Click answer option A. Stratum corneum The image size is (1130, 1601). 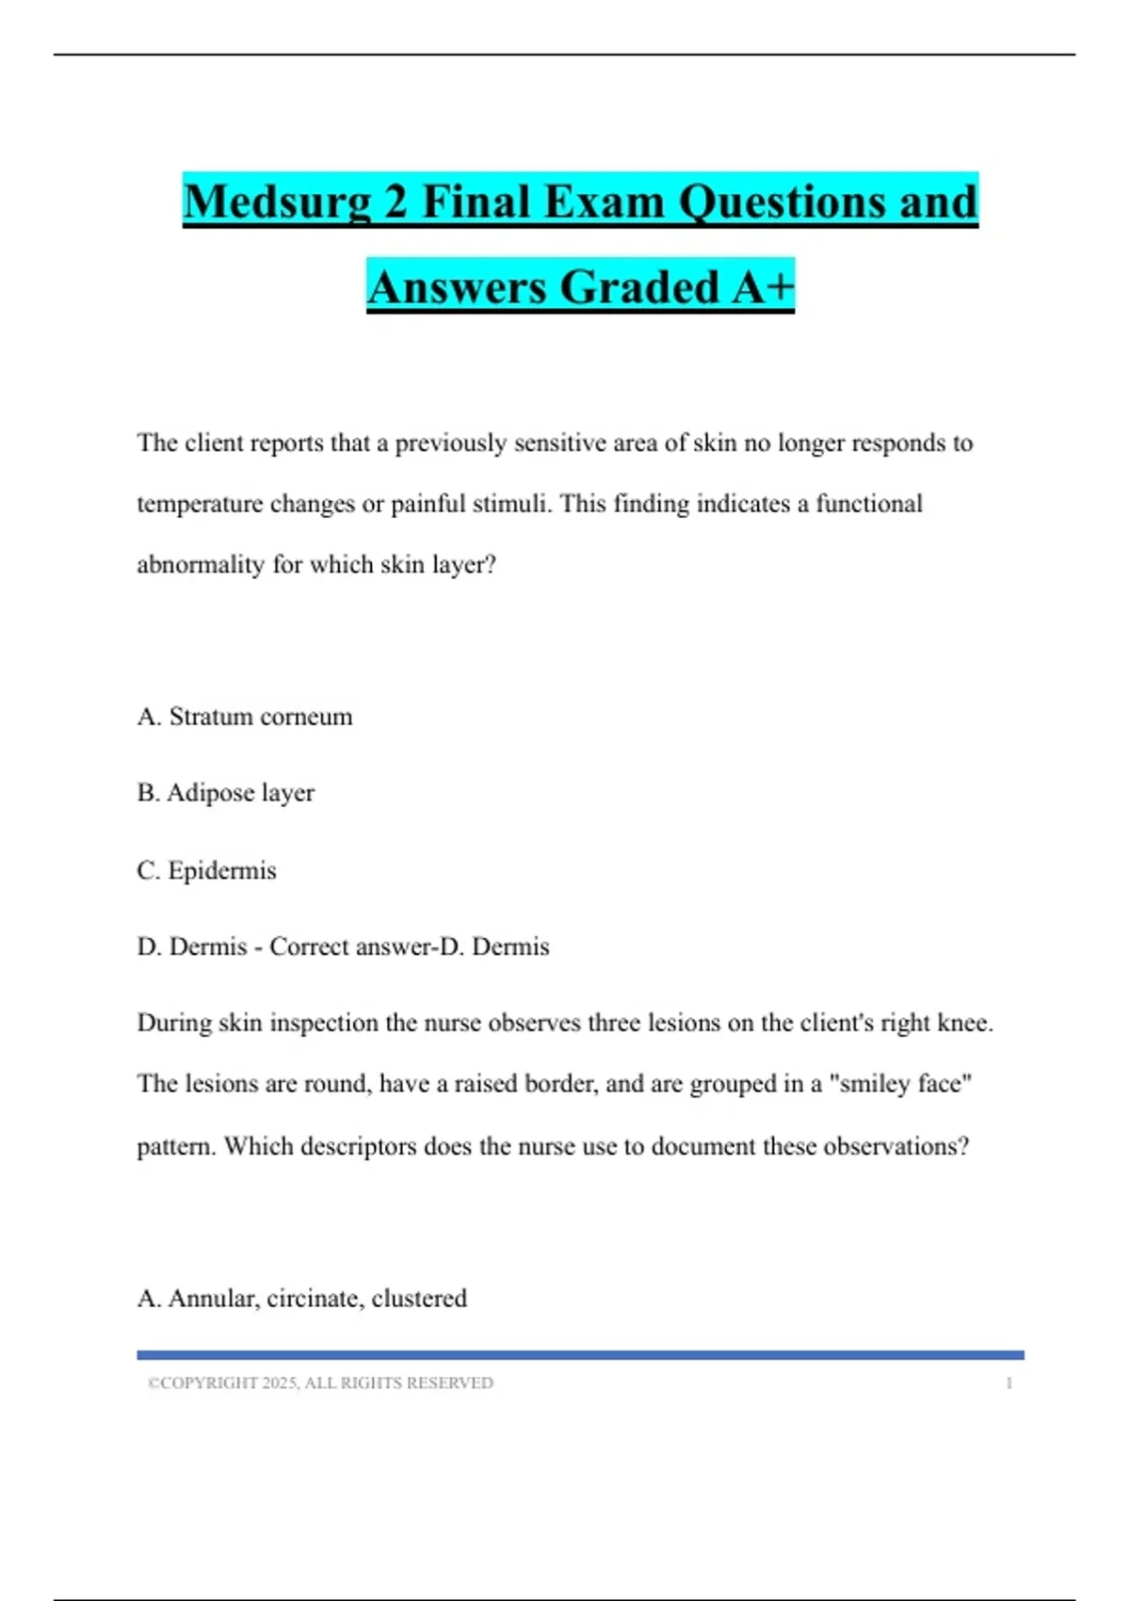[x=245, y=717]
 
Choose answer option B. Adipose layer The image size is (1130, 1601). [x=226, y=793]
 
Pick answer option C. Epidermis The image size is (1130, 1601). [x=207, y=870]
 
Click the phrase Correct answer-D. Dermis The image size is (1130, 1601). [x=410, y=946]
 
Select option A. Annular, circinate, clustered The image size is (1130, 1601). [x=302, y=1299]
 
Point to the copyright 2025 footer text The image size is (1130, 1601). [x=321, y=1383]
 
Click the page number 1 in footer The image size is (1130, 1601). [x=1009, y=1383]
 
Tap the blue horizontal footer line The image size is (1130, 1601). [x=580, y=1355]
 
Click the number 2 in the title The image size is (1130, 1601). [x=394, y=202]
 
